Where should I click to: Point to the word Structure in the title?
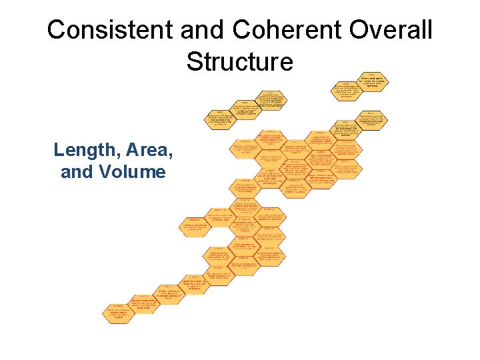[240, 61]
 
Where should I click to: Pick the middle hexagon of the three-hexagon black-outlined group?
[244, 109]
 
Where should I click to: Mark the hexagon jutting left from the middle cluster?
[195, 227]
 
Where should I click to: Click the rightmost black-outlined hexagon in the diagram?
[371, 120]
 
